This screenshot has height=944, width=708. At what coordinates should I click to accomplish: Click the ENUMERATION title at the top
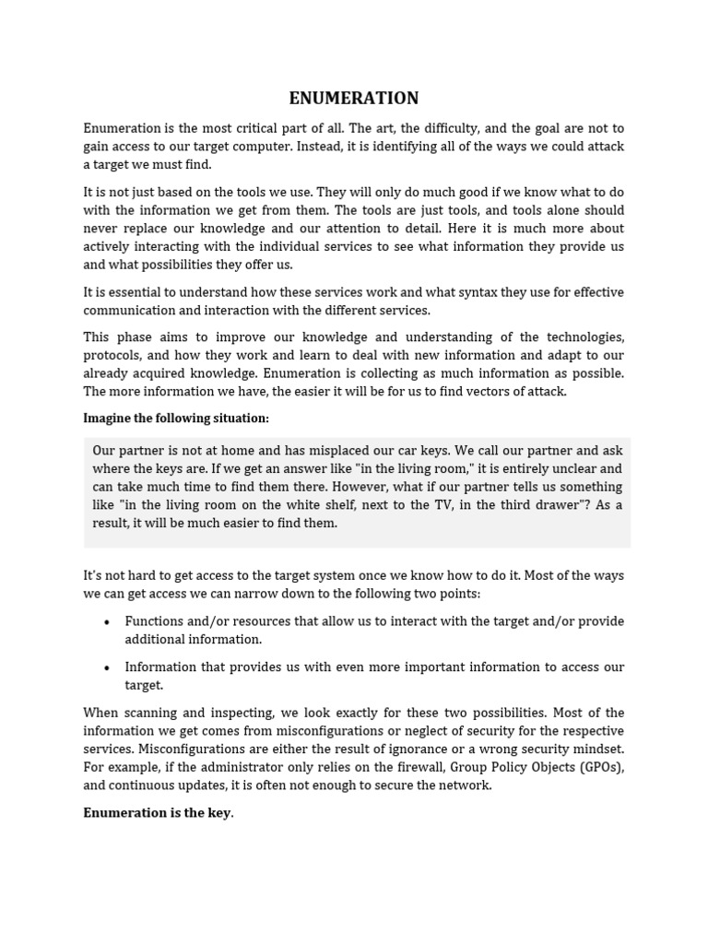(354, 99)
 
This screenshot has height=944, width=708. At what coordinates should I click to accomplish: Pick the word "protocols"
(111, 355)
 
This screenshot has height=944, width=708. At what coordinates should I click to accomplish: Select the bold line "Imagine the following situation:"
(176, 419)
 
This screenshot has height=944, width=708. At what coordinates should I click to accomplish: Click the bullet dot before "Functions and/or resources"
(108, 622)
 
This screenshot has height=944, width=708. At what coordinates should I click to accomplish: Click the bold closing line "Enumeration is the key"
(157, 813)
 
